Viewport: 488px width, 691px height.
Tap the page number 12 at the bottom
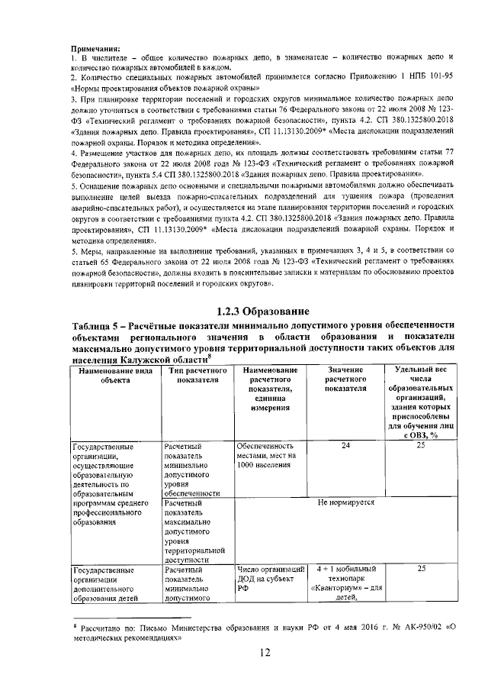click(x=264, y=651)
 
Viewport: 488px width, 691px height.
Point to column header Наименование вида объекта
click(x=114, y=375)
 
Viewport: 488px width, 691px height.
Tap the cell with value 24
click(x=345, y=445)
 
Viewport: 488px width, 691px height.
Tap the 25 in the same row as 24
click(x=420, y=445)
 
